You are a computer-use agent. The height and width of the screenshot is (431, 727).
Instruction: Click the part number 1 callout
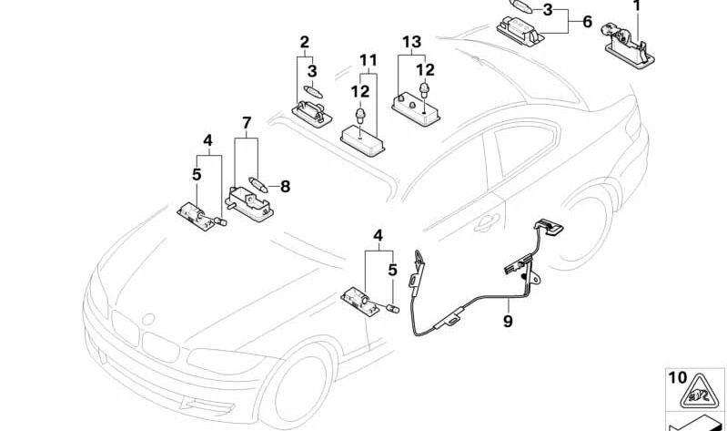click(637, 6)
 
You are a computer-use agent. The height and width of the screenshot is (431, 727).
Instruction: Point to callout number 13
click(412, 41)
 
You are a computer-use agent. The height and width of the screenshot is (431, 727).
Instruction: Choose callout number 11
click(367, 61)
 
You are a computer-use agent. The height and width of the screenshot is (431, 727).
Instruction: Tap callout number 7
click(246, 122)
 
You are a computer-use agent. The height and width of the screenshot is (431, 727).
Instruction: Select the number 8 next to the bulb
click(285, 187)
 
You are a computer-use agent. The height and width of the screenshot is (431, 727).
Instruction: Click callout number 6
click(586, 21)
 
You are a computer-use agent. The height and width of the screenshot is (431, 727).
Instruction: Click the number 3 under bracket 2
click(311, 70)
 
